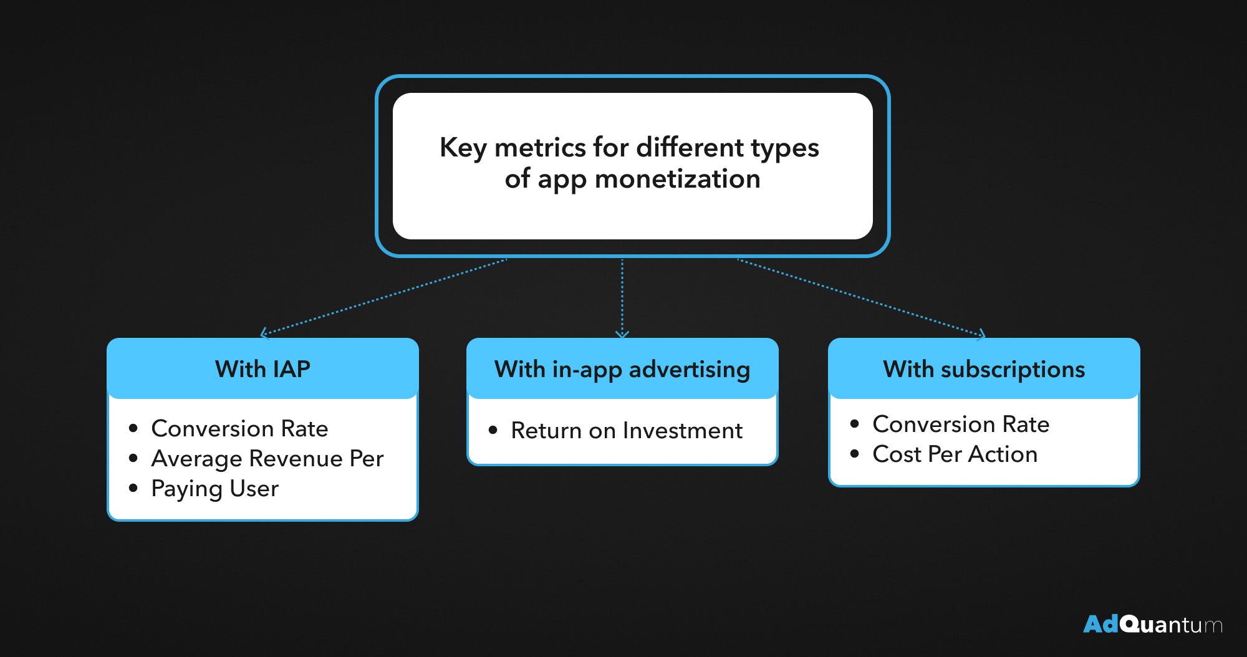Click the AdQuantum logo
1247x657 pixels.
point(1153,624)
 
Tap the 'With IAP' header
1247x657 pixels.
point(262,368)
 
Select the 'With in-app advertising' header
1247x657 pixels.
point(622,368)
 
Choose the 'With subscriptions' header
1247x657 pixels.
point(984,368)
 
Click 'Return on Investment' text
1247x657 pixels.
point(627,431)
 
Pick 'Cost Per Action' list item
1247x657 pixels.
point(955,454)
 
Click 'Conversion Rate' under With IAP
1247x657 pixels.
point(239,428)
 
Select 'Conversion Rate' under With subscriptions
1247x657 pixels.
point(961,424)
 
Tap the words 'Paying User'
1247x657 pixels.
point(214,489)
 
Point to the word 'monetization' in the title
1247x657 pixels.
point(678,179)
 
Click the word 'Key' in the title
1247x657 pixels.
point(463,148)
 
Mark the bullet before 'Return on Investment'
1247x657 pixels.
point(493,430)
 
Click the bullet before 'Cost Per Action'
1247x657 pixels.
point(855,454)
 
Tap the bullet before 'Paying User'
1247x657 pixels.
point(133,488)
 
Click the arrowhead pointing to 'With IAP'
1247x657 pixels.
point(264,333)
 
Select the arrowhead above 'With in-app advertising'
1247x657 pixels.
point(622,334)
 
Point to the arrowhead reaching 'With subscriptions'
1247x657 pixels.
point(981,335)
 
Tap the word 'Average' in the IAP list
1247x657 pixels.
point(197,459)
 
